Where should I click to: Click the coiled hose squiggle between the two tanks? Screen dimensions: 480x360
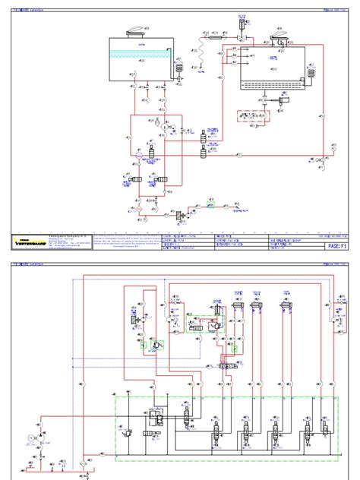tap(203, 52)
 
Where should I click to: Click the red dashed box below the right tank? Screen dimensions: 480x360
tap(254, 118)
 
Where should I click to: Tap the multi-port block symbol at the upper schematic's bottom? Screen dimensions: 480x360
tap(183, 216)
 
